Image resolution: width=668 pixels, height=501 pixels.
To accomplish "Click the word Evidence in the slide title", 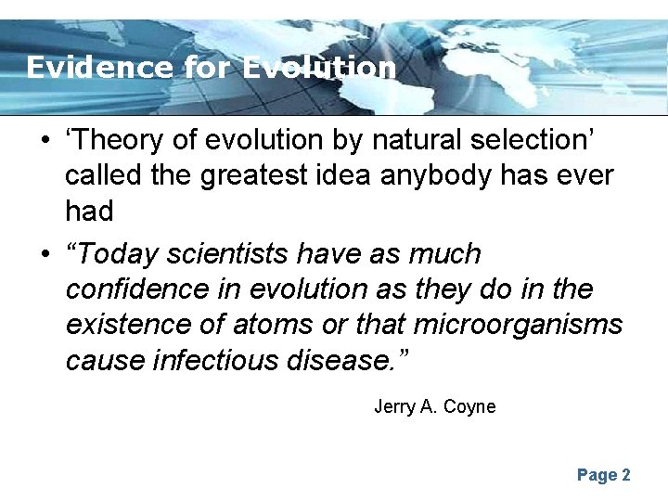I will pos(98,68).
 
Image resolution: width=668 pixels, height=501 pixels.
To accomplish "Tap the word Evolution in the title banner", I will pos(319,68).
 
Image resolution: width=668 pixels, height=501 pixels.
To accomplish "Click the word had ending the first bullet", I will pos(89,212).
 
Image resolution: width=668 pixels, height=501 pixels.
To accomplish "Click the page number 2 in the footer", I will pos(626,475).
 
